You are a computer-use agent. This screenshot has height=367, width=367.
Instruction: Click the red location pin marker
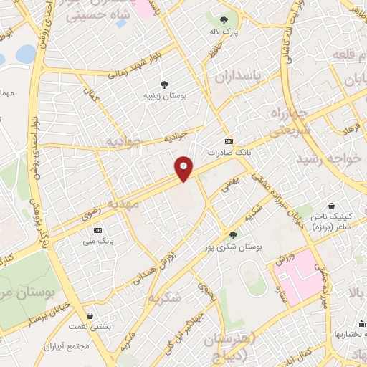(x=184, y=168)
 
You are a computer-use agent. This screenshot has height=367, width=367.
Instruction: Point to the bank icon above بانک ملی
(x=97, y=230)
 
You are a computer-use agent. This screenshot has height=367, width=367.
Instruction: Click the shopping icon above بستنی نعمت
(x=89, y=315)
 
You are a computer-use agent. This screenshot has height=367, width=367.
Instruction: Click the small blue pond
(x=25, y=54)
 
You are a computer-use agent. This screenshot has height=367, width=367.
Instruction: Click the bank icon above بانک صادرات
(x=228, y=140)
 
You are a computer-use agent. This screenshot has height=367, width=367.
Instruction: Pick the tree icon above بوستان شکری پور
(x=232, y=234)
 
